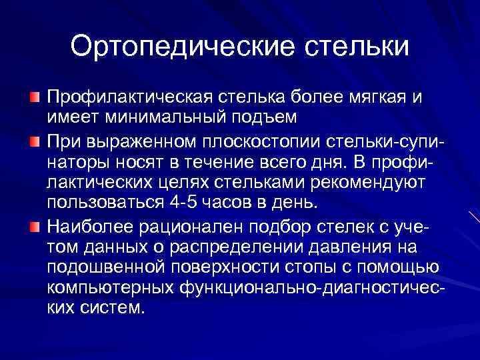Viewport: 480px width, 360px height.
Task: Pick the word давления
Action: pyautogui.click(x=357, y=247)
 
